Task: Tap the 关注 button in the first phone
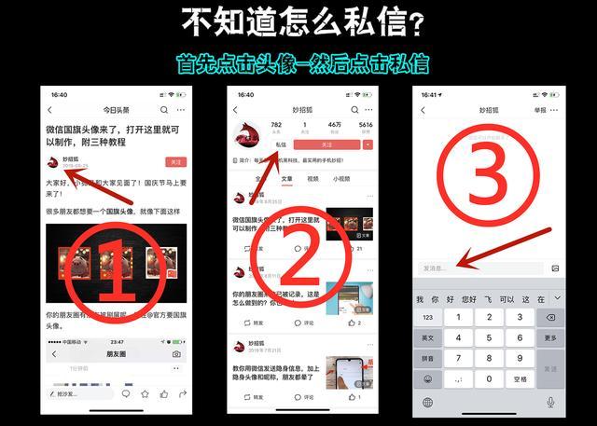pos(175,161)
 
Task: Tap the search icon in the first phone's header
pos(164,110)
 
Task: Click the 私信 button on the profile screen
pos(281,144)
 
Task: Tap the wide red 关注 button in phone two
pos(326,144)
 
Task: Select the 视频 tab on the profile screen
pos(312,178)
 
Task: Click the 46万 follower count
pos(333,125)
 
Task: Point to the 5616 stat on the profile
pos(365,125)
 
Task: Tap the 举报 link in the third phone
pos(540,110)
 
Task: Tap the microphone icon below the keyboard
pos(550,402)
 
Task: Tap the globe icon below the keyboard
pos(428,402)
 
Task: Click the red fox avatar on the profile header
pos(246,134)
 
